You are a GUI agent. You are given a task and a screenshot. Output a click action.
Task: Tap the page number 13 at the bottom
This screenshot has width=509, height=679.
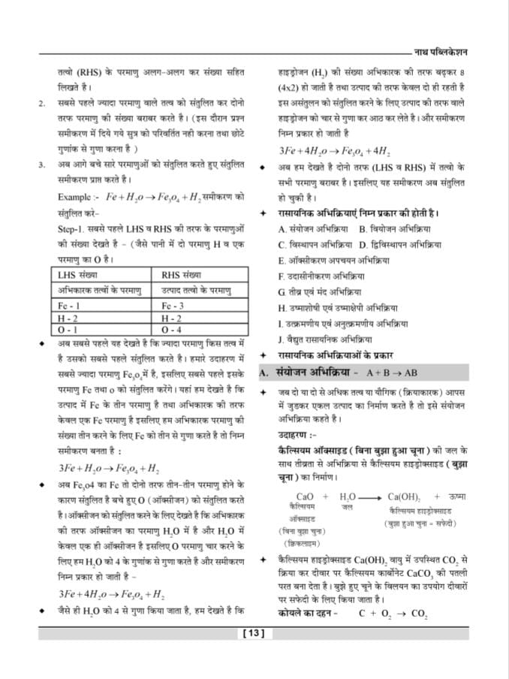coord(254,633)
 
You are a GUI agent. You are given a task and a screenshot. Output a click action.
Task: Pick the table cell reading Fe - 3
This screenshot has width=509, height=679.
coord(173,306)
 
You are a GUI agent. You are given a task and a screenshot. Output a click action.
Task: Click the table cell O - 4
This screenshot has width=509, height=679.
coord(172,329)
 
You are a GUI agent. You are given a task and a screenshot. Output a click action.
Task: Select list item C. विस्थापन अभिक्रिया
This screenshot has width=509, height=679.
coord(315,245)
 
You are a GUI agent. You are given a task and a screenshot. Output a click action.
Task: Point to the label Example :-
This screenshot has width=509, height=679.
coord(79,197)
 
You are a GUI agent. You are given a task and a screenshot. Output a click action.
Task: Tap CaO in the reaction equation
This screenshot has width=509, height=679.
coord(305,496)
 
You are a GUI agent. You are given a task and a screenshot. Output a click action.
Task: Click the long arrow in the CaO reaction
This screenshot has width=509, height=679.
coord(371,497)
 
